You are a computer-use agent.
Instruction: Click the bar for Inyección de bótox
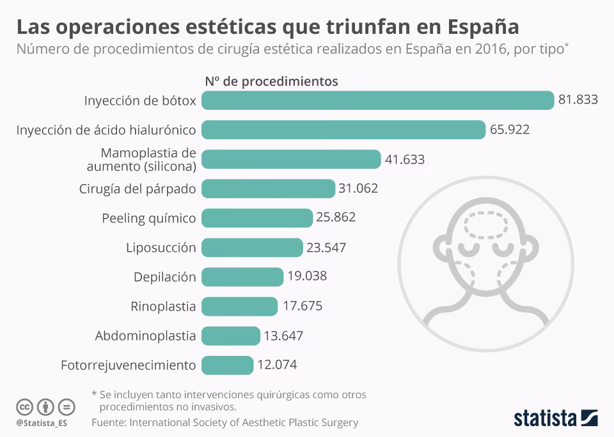click(x=377, y=100)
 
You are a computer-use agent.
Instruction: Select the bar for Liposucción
click(x=252, y=247)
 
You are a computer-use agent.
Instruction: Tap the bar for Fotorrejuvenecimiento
click(x=227, y=365)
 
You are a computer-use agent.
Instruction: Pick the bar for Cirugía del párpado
click(x=268, y=188)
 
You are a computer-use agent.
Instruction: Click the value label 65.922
click(x=510, y=130)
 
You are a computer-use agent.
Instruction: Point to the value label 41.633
click(x=405, y=159)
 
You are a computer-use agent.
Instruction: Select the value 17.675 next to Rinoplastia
click(x=303, y=306)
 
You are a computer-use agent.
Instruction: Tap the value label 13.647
click(x=283, y=335)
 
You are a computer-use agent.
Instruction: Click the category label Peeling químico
click(x=149, y=218)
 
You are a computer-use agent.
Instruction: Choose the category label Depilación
click(x=164, y=277)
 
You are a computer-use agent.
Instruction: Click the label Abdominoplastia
click(x=145, y=335)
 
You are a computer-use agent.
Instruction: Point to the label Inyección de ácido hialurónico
click(x=106, y=130)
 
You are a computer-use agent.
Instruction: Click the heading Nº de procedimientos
click(x=271, y=81)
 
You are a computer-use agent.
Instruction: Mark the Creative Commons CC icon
click(x=24, y=406)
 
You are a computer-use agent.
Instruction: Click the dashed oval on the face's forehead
click(x=484, y=224)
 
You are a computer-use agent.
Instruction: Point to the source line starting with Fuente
click(x=224, y=422)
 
